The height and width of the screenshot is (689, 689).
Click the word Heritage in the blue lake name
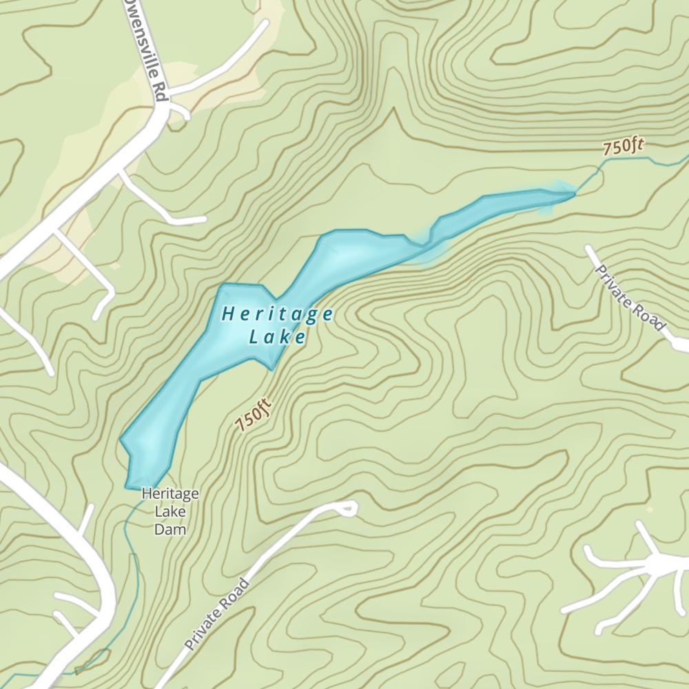[278, 315]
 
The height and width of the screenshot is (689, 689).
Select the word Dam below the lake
[170, 530]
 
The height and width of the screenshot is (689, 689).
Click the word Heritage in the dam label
[170, 493]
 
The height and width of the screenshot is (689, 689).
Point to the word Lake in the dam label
[170, 511]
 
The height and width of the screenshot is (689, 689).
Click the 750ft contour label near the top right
[623, 147]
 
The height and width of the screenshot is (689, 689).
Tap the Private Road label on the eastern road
[630, 296]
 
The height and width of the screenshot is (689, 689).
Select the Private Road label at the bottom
[217, 615]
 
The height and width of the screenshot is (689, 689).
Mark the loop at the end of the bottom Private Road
[347, 508]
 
